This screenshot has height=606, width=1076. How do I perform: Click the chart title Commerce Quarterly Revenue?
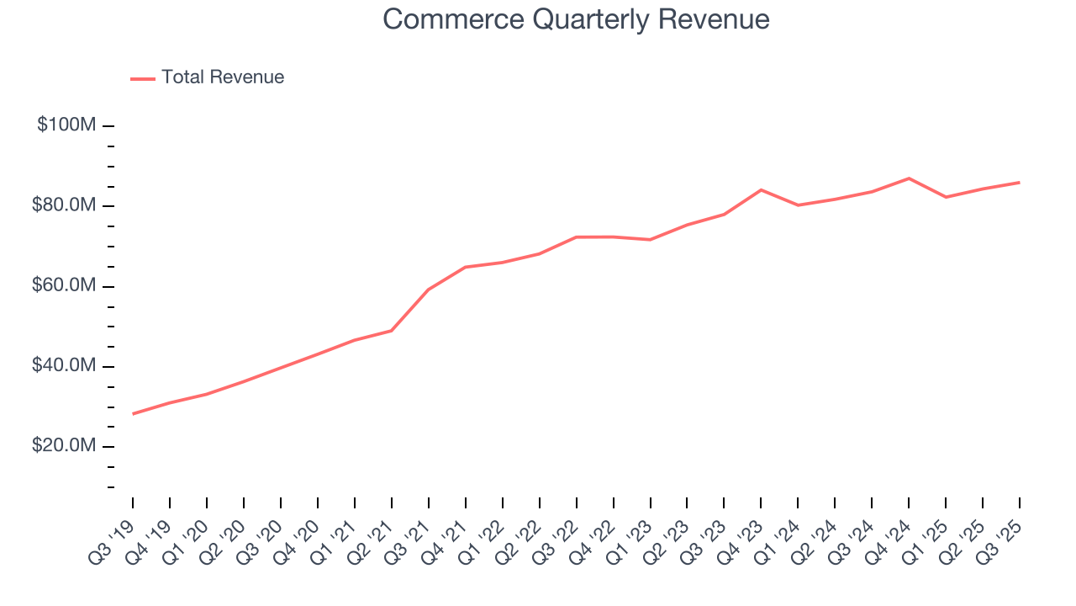[576, 19]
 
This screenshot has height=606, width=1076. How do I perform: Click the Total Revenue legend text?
[223, 77]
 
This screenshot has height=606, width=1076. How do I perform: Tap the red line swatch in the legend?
[143, 78]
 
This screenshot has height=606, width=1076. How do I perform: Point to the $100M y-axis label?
[66, 125]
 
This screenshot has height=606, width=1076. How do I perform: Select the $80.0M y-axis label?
[63, 206]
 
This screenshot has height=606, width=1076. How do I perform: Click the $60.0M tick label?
[63, 286]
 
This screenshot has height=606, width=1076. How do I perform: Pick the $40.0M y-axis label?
[63, 366]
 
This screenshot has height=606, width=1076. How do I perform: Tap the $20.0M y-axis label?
[63, 446]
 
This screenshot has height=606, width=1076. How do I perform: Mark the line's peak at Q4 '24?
[909, 178]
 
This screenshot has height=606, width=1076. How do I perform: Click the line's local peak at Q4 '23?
[761, 190]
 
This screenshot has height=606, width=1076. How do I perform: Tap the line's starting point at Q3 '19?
[133, 413]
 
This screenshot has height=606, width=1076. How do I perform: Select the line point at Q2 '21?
[392, 330]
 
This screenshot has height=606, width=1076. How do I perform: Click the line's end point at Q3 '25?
[1019, 183]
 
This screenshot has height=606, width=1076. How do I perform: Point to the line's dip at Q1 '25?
[946, 197]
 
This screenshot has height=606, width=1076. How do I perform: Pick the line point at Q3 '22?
[577, 237]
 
